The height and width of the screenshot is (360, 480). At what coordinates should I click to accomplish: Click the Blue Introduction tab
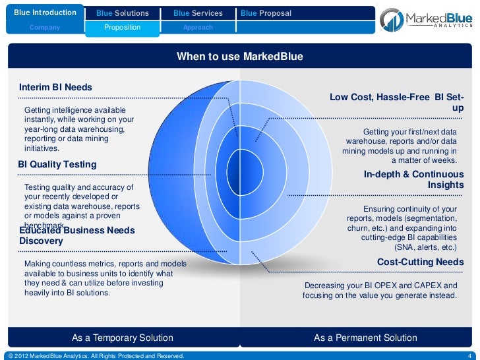pos(44,13)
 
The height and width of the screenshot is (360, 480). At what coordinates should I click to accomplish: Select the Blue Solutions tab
pos(122,13)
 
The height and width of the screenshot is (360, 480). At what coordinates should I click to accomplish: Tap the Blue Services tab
pos(198,13)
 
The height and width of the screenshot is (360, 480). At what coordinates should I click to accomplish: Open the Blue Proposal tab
pos(266,13)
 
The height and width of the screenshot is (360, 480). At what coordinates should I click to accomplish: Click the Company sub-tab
pos(44,28)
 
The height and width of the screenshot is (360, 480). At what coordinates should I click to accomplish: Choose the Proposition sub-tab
pos(122,28)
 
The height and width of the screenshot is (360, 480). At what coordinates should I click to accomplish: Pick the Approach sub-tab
pos(198,28)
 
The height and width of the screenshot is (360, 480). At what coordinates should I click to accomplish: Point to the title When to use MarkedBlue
pos(240,57)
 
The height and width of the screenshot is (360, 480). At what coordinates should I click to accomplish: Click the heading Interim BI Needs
pos(56,87)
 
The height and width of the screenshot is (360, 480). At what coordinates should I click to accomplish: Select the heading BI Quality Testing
pos(57,164)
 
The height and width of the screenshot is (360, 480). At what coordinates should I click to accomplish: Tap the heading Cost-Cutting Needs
pos(420,262)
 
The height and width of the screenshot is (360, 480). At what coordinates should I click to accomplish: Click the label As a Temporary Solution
pos(123,338)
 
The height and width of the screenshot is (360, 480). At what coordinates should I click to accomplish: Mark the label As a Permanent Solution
pos(365,338)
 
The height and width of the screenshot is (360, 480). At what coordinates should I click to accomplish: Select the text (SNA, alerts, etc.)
pos(425,247)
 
